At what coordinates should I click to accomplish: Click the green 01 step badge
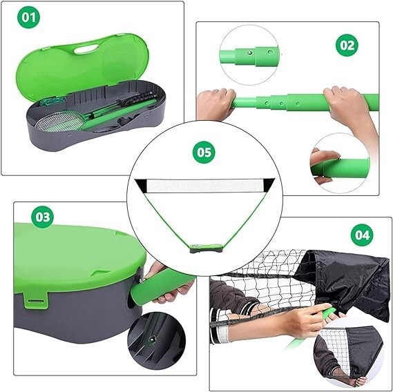[x=28, y=17]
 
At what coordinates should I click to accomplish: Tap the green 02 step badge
[x=347, y=45]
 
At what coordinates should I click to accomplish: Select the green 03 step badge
[x=42, y=217]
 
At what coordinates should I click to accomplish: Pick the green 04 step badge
[x=362, y=235]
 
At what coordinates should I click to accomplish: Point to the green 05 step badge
[x=204, y=152]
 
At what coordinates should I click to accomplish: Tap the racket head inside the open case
[x=59, y=121]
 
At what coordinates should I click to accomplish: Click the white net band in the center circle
[x=204, y=186]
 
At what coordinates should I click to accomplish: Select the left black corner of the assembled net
[x=141, y=186]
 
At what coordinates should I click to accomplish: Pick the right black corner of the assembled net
[x=268, y=185]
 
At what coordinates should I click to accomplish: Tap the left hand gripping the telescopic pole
[x=216, y=104]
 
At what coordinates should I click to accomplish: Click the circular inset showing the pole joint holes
[x=249, y=55]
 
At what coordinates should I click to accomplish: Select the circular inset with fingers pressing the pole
[x=340, y=164]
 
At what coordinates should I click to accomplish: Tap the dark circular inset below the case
[x=157, y=341]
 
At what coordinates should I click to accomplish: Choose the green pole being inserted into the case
[x=162, y=286]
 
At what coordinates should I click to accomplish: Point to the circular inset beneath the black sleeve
[x=349, y=355]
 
